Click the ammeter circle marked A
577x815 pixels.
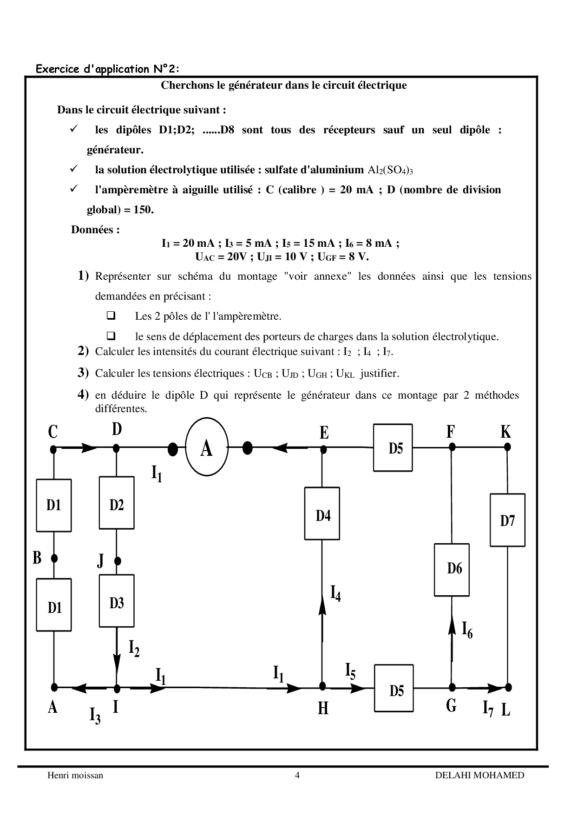[x=207, y=448]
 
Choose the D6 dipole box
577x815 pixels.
[x=452, y=570]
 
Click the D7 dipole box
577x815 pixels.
[x=507, y=519]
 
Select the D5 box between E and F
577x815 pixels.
[x=393, y=447]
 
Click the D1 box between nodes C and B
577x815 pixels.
[x=54, y=505]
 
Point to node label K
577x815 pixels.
[x=505, y=432]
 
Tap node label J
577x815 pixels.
[x=101, y=561]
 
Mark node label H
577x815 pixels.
[x=323, y=709]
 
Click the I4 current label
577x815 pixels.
[x=335, y=593]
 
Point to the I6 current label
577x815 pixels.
[x=467, y=630]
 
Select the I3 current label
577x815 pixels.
[x=95, y=716]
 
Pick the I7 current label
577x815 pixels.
[x=488, y=709]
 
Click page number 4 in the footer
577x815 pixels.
[x=297, y=775]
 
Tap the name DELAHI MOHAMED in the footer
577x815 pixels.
[x=479, y=775]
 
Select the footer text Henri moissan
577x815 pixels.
[x=75, y=775]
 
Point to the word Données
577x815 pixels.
[x=95, y=230]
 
